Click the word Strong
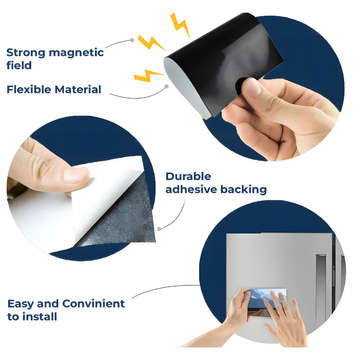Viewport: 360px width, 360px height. coord(26,53)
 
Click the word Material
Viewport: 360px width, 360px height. coord(78,89)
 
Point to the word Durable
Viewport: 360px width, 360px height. coord(188,176)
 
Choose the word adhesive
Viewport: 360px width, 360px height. coord(191,189)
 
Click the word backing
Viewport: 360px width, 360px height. coord(244,190)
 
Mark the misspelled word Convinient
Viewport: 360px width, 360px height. coord(94,303)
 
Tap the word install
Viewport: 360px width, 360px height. coord(40,316)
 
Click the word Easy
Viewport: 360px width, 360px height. coord(21,304)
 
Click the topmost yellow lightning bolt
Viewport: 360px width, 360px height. coord(180,25)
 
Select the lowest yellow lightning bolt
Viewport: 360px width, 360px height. coord(148,76)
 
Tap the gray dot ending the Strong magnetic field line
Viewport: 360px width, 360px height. coord(132,40)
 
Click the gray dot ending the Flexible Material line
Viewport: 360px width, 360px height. coord(167,86)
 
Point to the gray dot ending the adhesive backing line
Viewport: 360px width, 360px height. coord(159,229)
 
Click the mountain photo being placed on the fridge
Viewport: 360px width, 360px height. coord(266,302)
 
